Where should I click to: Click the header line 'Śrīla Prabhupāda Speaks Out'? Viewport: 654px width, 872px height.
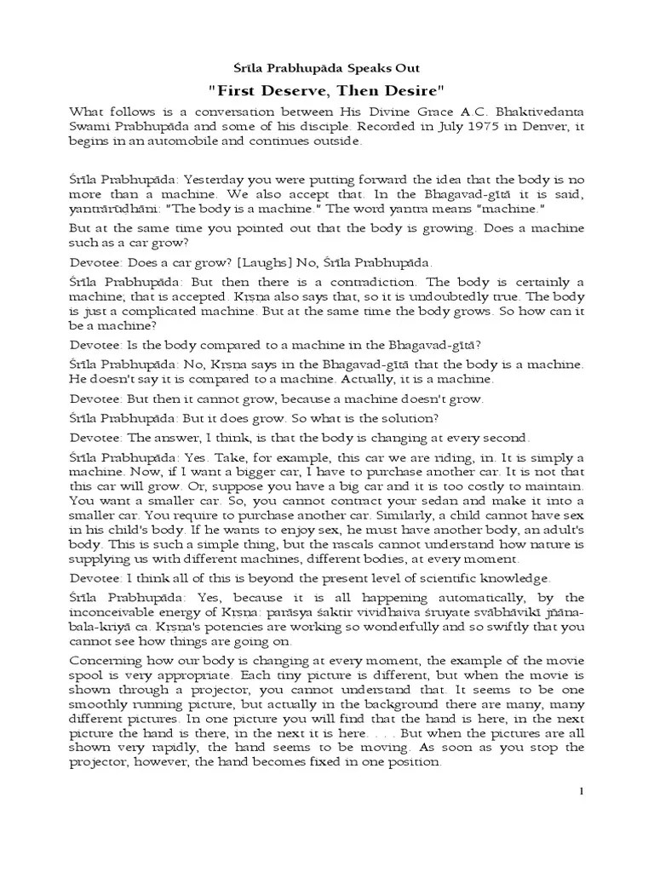[x=327, y=67]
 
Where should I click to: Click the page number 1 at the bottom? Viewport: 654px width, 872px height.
[x=582, y=791]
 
